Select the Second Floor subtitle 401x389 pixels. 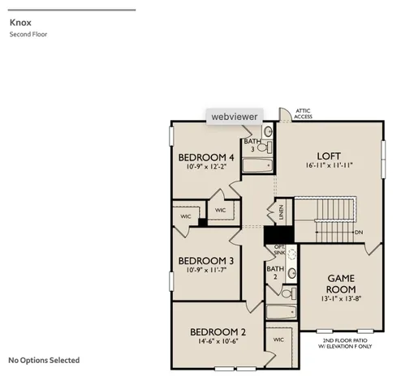28,34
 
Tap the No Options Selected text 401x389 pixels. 44,361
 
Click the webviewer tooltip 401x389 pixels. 235,117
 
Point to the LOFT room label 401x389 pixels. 329,156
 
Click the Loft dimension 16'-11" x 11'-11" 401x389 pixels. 329,166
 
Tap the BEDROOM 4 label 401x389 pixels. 206,157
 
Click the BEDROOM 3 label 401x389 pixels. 206,260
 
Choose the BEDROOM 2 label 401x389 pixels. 218,331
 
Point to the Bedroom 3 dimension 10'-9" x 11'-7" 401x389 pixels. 206,270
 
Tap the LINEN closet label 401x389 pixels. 282,213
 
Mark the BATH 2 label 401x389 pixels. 275,272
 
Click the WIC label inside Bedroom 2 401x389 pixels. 278,340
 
